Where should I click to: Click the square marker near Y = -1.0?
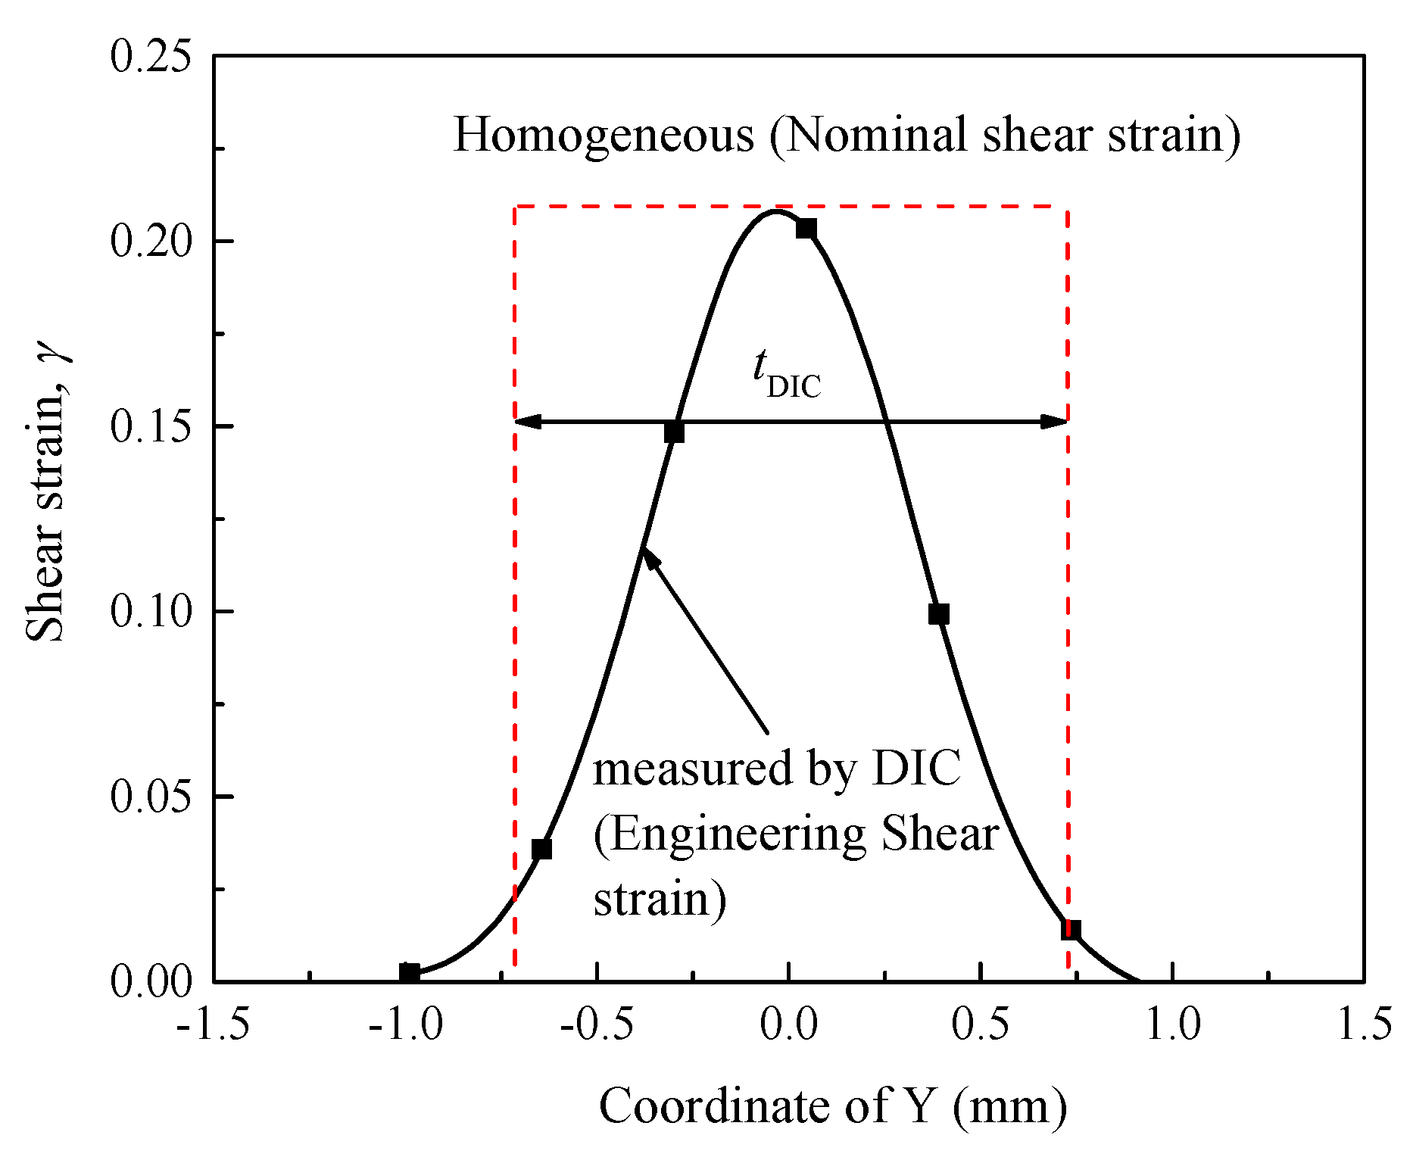click(x=409, y=973)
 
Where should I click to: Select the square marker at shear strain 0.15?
click(x=674, y=432)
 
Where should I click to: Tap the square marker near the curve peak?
click(x=806, y=228)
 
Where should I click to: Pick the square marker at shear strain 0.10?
click(x=938, y=614)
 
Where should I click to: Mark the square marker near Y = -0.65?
click(x=541, y=849)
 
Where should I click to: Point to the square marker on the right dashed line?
click(x=1070, y=930)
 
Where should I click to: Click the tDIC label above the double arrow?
click(x=786, y=376)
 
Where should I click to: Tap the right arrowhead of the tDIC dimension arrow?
click(x=1054, y=422)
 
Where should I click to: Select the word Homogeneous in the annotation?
click(x=604, y=136)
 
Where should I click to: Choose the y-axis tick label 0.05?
click(x=150, y=797)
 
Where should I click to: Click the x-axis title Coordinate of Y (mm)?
click(x=833, y=1106)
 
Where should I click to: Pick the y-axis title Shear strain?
click(x=47, y=500)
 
